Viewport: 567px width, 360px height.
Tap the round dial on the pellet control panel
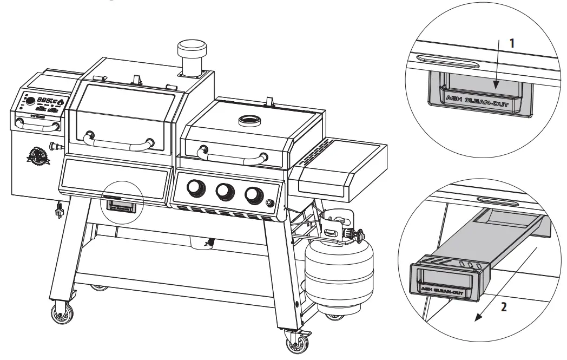pyautogui.click(x=31, y=101)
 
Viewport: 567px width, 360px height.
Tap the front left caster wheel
pyautogui.click(x=58, y=315)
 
